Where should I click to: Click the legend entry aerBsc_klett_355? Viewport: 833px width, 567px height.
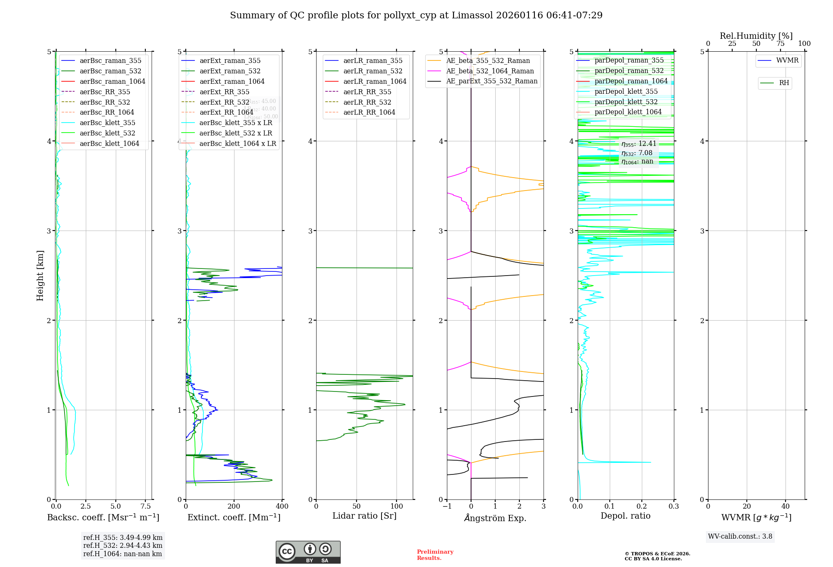tap(107, 123)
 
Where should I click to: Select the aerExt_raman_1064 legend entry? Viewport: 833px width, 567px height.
tap(232, 81)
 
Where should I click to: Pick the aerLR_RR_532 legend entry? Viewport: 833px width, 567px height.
tap(367, 102)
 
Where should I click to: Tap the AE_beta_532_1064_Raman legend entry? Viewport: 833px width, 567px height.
tap(490, 71)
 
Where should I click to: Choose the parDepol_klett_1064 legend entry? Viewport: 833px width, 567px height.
tap(628, 112)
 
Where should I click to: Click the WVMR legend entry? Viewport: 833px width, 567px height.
tap(787, 60)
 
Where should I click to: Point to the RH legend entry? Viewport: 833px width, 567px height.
tap(783, 83)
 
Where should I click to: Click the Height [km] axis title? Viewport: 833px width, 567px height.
tap(40, 276)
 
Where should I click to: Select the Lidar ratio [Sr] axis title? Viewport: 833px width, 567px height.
tap(364, 516)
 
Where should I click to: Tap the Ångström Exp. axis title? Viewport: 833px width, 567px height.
tap(495, 518)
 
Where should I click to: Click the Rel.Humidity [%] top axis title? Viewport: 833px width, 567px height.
tap(756, 36)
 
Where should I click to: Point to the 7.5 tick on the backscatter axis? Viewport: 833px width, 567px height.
tap(146, 506)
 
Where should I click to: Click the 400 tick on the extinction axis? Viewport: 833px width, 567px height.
tap(282, 506)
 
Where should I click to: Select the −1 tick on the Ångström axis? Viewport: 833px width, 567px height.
tap(447, 506)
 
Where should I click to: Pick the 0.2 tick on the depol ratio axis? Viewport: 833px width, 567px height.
tap(642, 506)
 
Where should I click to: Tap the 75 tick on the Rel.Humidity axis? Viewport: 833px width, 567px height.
tap(780, 43)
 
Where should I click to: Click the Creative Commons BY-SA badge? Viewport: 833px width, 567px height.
tap(308, 552)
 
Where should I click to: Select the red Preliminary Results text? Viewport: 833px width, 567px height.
tap(435, 554)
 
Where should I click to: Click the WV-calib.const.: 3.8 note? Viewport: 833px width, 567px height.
tap(740, 536)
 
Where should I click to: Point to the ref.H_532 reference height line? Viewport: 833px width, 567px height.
tap(122, 545)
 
